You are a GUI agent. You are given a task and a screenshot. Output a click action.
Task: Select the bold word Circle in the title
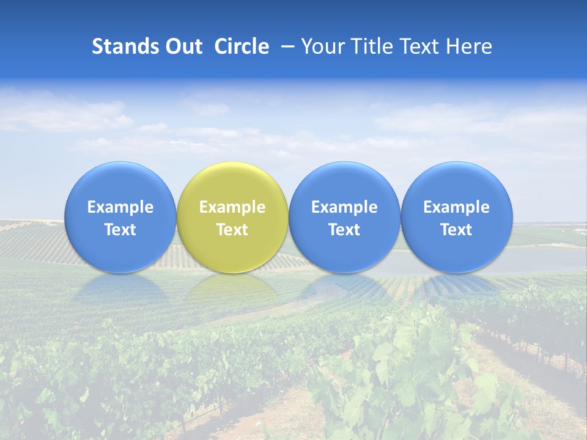tap(242, 46)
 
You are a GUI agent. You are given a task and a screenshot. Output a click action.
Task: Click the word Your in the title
tap(321, 46)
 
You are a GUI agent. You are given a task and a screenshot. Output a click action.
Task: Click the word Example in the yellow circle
tap(232, 207)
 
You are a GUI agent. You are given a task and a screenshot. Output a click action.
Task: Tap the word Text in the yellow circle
tap(232, 230)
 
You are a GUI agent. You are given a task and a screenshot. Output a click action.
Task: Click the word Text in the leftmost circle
tap(120, 230)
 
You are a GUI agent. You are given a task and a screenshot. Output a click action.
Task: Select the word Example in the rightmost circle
tap(457, 207)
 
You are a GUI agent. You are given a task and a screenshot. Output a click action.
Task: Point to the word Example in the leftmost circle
tap(120, 207)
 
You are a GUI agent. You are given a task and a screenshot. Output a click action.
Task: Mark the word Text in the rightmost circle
tap(457, 230)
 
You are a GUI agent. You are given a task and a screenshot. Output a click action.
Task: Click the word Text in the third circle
tap(344, 230)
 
